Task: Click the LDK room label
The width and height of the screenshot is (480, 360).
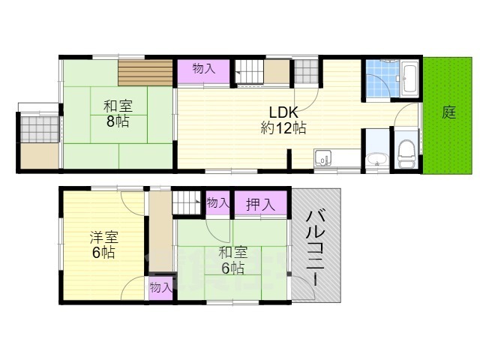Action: [283, 112]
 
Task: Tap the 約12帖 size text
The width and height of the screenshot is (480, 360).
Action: [283, 127]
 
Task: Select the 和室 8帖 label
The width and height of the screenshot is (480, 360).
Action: [118, 114]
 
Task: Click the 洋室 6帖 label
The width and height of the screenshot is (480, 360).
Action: [103, 245]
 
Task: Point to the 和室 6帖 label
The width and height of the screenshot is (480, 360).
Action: [233, 260]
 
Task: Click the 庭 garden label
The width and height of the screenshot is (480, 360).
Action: [448, 112]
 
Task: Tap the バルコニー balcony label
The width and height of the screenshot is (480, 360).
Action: [315, 248]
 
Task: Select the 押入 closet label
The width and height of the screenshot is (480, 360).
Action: [260, 204]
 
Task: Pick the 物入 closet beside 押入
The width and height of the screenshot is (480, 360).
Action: [217, 202]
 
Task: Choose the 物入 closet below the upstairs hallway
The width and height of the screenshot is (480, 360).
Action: [160, 288]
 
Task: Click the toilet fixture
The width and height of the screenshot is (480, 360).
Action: [406, 154]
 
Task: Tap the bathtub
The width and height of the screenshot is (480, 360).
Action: [409, 79]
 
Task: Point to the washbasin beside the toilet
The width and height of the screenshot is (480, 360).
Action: [377, 159]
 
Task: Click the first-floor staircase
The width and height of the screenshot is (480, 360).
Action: [249, 72]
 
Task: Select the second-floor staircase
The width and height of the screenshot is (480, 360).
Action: [186, 202]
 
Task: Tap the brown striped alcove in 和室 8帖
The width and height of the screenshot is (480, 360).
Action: [145, 73]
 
